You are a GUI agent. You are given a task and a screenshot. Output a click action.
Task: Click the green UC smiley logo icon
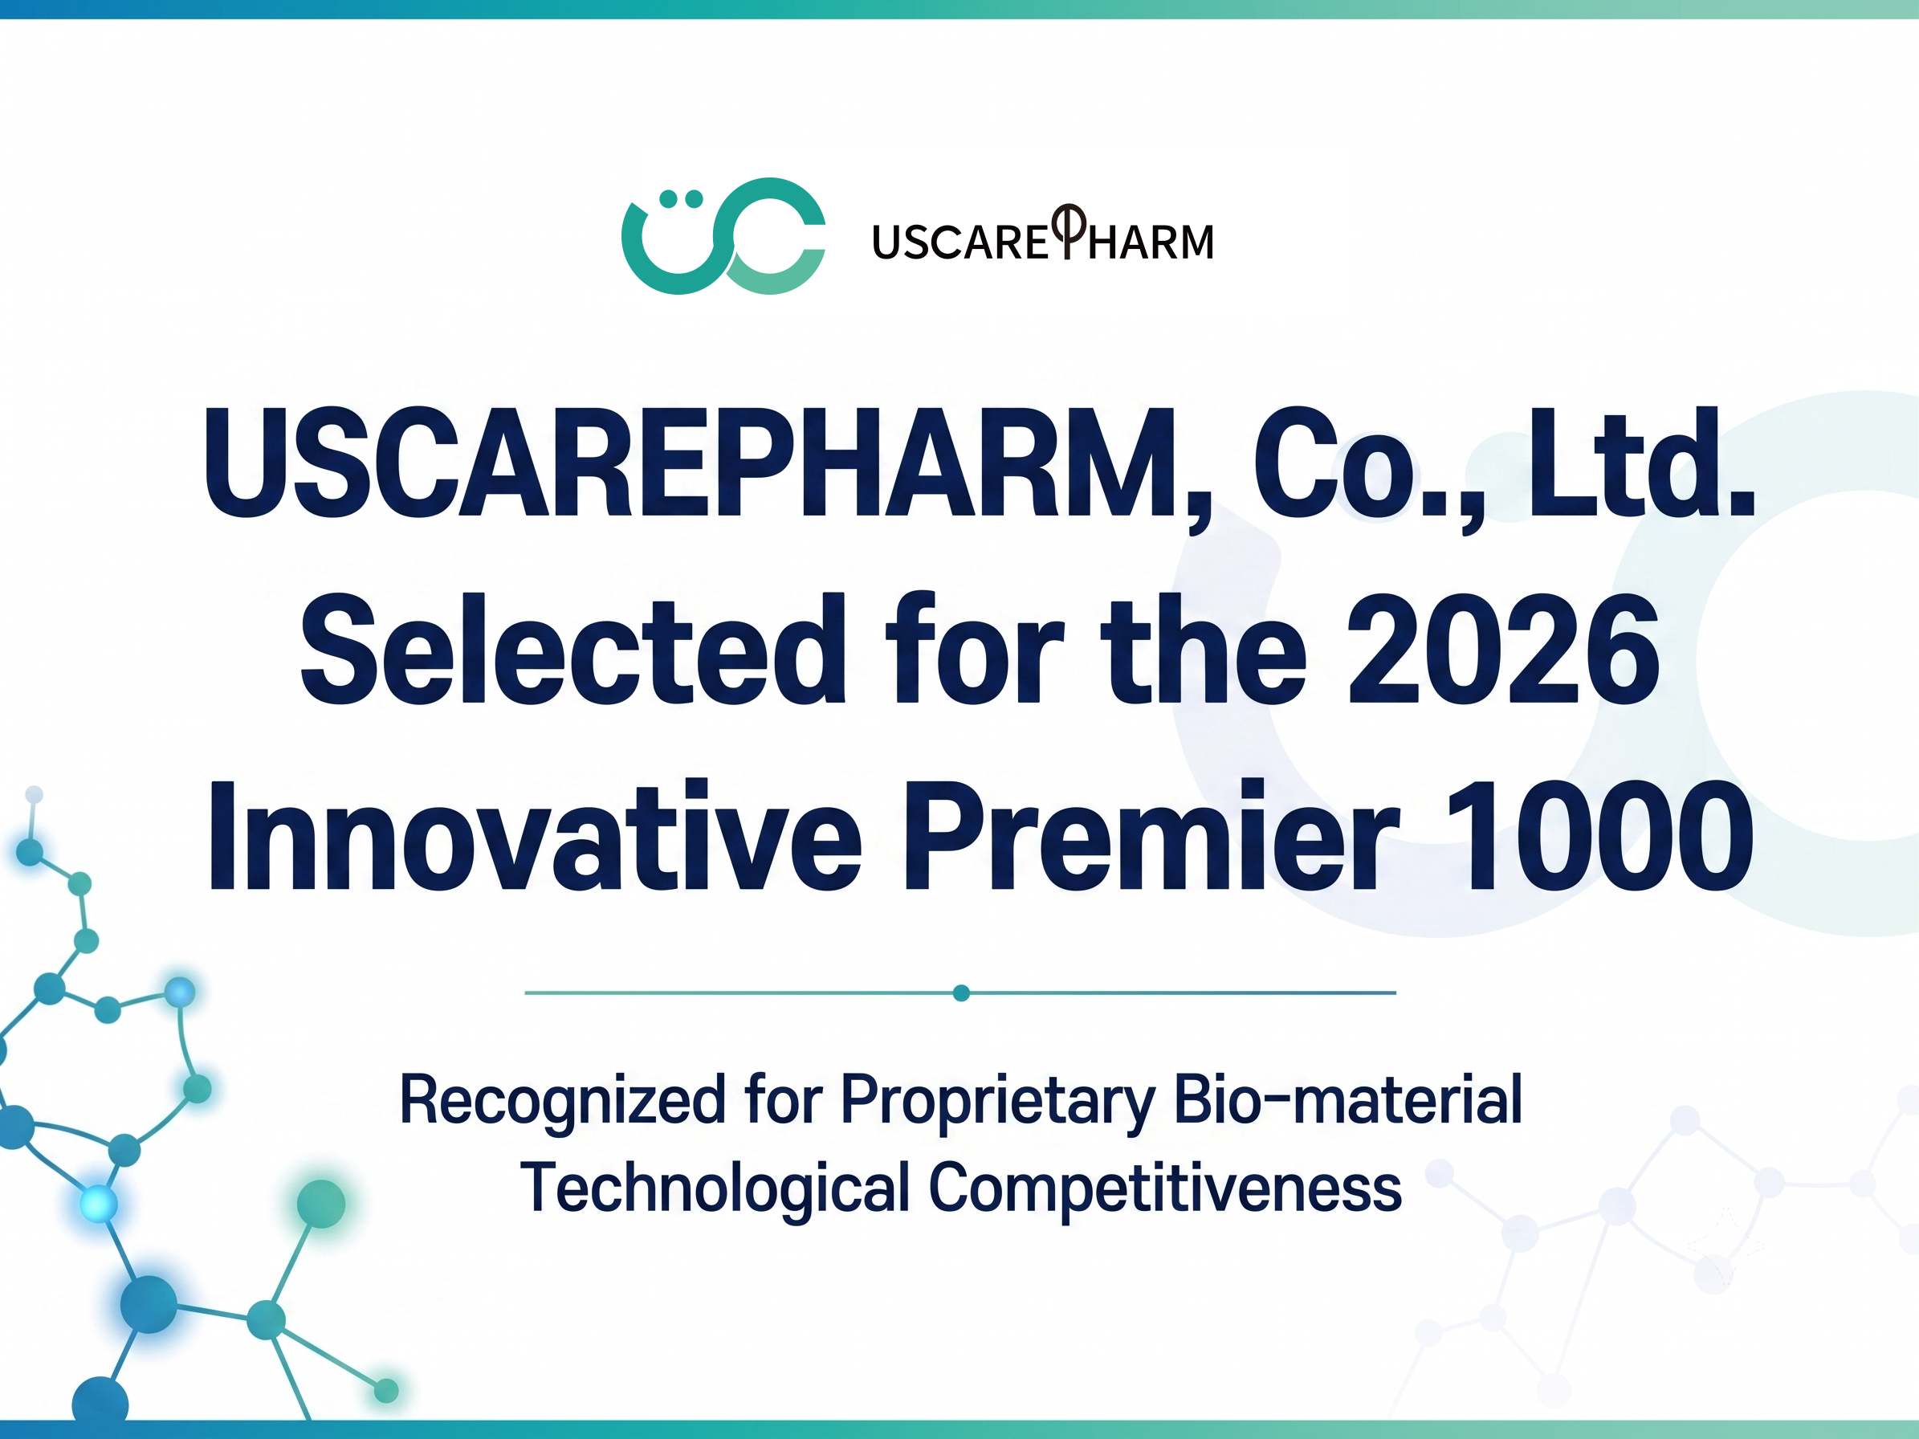click(723, 236)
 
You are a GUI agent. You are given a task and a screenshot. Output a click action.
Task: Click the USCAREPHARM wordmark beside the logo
click(1043, 234)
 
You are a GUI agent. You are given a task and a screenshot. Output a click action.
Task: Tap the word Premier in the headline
click(1151, 835)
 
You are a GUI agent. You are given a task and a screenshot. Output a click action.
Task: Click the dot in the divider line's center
click(961, 993)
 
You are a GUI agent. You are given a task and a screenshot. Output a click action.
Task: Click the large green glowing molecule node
click(321, 1204)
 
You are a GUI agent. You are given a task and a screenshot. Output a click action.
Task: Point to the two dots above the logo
click(681, 199)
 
